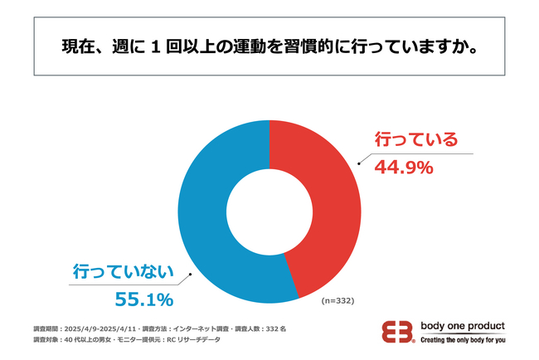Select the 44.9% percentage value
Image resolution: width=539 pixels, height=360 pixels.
[405, 168]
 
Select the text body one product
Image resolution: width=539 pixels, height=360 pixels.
[463, 326]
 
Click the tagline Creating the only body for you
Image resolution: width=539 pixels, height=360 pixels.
[463, 340]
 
